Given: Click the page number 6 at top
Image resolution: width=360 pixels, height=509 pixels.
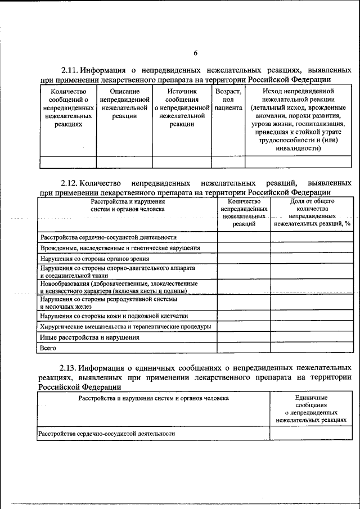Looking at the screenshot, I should [x=196, y=53].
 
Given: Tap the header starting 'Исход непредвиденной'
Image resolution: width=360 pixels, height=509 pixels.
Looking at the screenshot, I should [x=298, y=120].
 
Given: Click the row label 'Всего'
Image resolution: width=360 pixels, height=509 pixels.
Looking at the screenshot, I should [x=48, y=349].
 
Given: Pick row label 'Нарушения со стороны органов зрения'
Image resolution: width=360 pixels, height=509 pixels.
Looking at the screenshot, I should [x=94, y=259].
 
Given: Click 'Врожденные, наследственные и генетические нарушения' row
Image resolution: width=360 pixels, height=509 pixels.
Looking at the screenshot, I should [x=120, y=247].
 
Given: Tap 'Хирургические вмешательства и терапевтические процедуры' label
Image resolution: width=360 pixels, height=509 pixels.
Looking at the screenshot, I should [x=125, y=326].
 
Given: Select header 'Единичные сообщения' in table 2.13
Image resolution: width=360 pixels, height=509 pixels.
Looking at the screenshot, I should [x=311, y=408].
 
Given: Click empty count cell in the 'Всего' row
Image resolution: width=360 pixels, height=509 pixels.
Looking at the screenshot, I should [x=244, y=349].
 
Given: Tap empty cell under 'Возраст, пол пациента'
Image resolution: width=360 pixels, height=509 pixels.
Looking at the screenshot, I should [x=228, y=162].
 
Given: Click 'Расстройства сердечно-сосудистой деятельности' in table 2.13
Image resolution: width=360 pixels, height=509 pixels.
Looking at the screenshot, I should [x=106, y=434].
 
